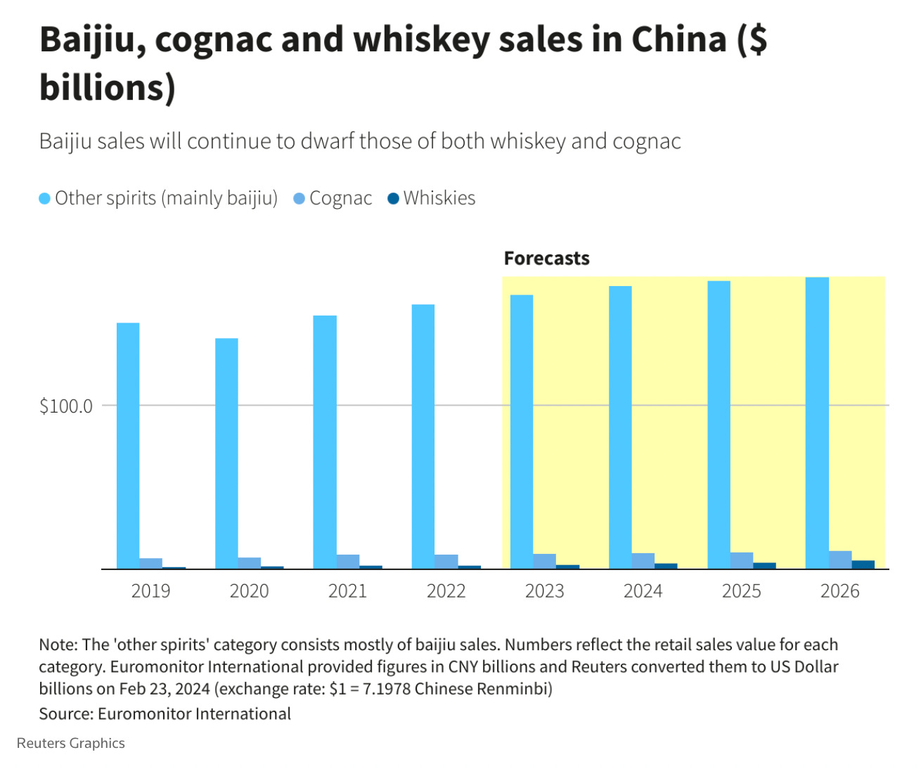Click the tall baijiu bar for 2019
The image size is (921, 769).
[x=128, y=446]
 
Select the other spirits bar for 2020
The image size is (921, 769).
[x=226, y=453]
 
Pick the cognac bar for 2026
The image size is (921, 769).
[x=840, y=560]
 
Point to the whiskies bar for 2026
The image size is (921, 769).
[x=863, y=564]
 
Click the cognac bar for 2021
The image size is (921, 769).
[x=348, y=562]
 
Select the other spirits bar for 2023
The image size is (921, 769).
[x=522, y=432]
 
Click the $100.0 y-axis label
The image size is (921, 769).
[x=66, y=406]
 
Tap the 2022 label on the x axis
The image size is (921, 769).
[x=446, y=591]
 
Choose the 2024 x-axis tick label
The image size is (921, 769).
[x=643, y=591]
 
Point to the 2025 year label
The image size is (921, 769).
[x=741, y=591]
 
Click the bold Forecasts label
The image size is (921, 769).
[x=546, y=259]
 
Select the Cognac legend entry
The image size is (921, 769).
[x=340, y=199]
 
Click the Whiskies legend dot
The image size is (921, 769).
[x=394, y=199]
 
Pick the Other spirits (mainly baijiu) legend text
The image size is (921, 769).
[x=166, y=199]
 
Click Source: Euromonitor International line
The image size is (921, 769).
[x=165, y=714]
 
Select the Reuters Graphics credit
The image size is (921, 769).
[x=71, y=744]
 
